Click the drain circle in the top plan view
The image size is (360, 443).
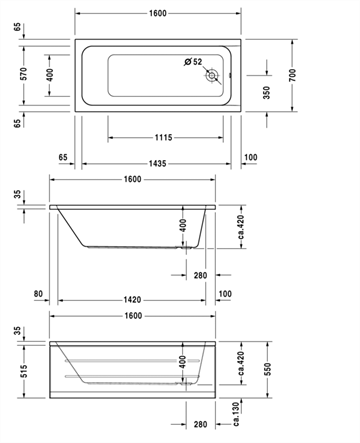pos(211,76)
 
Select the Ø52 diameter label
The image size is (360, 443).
pos(193,62)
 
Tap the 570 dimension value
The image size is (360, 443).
pos(23,74)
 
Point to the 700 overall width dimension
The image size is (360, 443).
pos(292,75)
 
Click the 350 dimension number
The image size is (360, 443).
pos(266,93)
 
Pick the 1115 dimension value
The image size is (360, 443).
pos(164,137)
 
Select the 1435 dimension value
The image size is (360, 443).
pos(157,164)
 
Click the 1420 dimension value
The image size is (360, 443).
pos(132,300)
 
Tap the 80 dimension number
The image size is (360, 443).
pos(38,294)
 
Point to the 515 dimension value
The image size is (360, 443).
pos(23,371)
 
